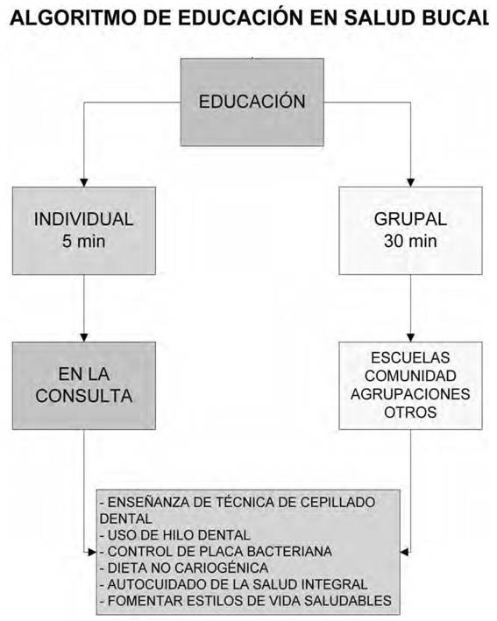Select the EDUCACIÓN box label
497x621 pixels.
click(252, 101)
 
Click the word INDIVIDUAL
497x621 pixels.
click(83, 220)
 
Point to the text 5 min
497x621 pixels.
click(83, 241)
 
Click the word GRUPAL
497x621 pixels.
click(410, 220)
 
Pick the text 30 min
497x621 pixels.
click(410, 241)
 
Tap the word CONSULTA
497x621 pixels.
click(83, 396)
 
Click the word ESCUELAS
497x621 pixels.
click(410, 357)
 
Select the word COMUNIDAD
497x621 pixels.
click(410, 376)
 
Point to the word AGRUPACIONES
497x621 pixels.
click(410, 394)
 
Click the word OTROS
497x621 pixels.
click(410, 413)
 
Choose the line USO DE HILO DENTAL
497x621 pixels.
click(174, 535)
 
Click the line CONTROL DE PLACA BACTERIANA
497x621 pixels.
click(216, 551)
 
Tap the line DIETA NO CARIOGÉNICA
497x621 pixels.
click(184, 568)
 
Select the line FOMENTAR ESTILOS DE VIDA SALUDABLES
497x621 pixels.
click(245, 601)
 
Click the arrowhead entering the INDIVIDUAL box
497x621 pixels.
click(83, 182)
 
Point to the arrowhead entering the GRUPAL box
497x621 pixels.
click(410, 182)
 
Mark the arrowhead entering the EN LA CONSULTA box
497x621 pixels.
click(83, 337)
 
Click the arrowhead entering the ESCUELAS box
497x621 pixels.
click(410, 337)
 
